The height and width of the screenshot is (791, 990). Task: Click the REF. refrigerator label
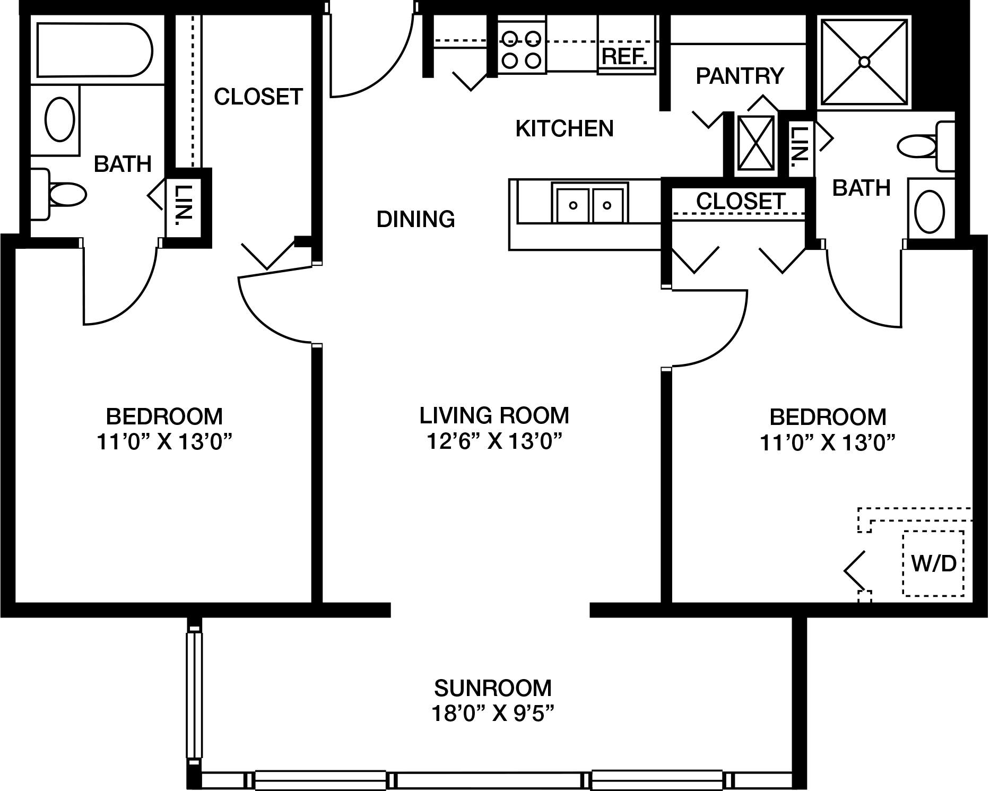[x=625, y=56]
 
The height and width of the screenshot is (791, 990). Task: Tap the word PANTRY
[x=740, y=76]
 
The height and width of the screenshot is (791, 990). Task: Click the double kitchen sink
[x=589, y=203]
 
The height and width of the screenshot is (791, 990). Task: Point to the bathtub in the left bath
[x=94, y=49]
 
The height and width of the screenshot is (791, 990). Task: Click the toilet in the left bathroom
[x=58, y=194]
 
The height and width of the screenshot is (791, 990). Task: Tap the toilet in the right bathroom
[x=926, y=146]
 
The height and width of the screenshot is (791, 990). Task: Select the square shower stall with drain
[x=864, y=62]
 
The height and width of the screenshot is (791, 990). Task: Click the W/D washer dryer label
[x=934, y=563]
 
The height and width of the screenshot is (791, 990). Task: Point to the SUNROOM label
[x=493, y=688]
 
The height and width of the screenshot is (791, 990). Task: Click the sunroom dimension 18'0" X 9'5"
[x=493, y=714]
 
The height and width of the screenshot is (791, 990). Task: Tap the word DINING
[x=415, y=219]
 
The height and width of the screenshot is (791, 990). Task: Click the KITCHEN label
[x=565, y=128]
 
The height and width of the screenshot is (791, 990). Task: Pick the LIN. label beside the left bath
[x=183, y=203]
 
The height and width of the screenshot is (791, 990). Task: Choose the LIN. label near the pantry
[x=798, y=143]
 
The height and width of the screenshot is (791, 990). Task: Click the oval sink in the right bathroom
[x=930, y=212]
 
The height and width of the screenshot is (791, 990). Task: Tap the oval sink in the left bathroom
[x=59, y=119]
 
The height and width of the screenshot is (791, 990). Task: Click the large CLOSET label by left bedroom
[x=258, y=97]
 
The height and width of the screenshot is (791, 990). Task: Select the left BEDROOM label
[x=164, y=416]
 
